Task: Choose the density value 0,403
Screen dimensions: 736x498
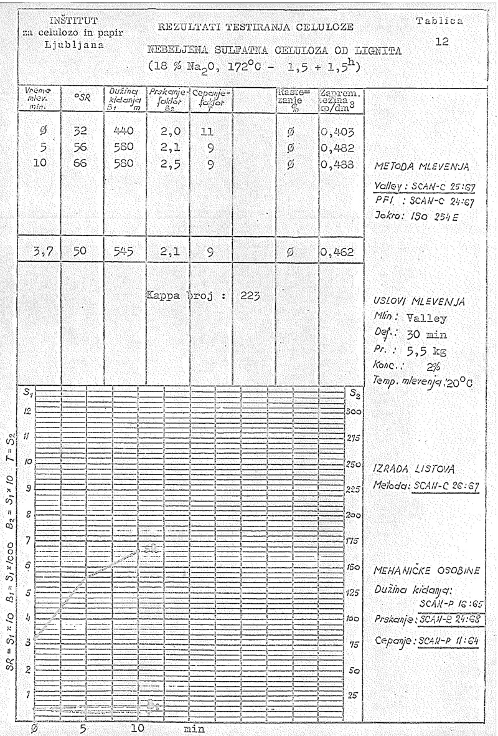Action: coord(338,132)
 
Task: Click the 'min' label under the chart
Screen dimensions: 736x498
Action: coord(194,727)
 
